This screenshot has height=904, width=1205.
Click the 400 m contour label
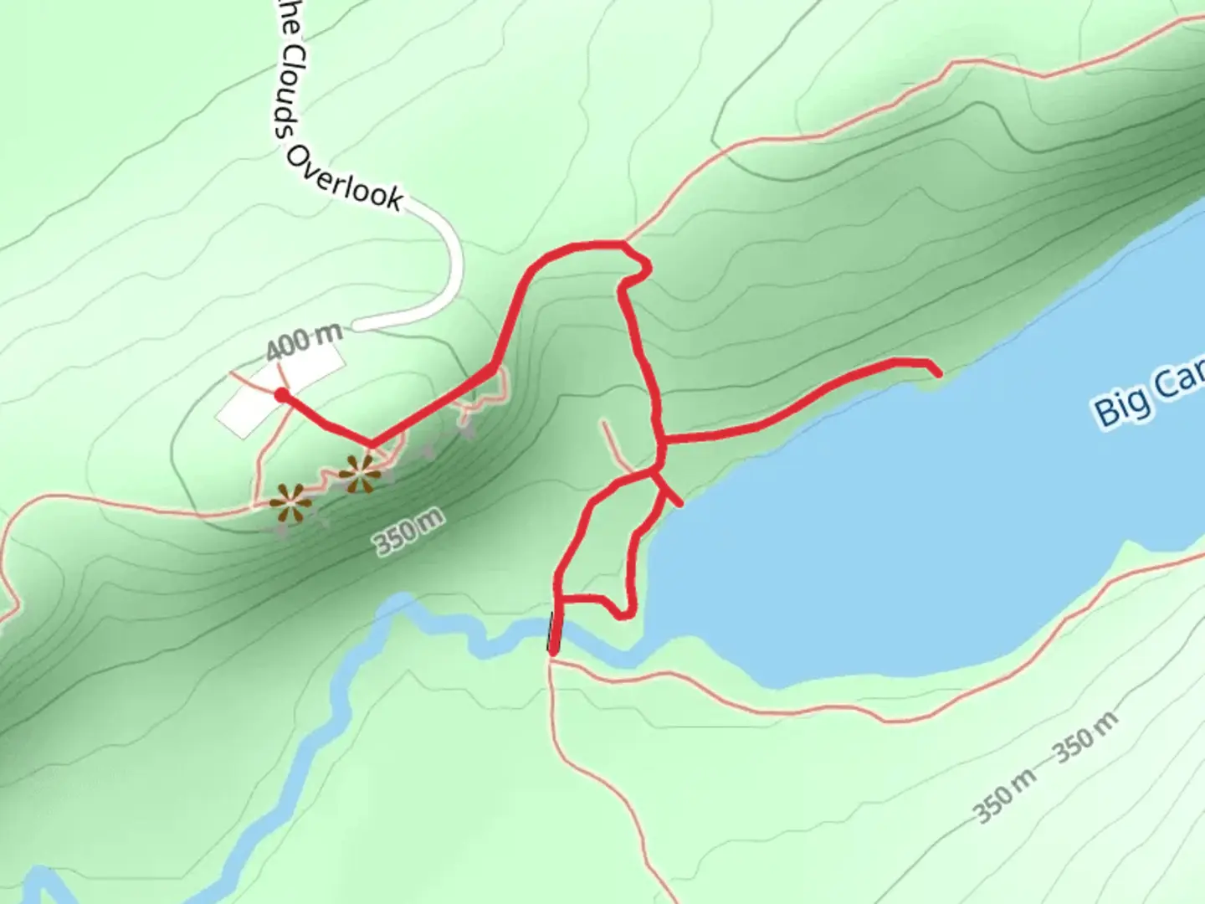305,340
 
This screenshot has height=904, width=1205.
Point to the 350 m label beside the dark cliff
408,533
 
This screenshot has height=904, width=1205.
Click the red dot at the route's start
282,395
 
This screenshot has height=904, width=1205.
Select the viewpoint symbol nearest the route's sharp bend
361,474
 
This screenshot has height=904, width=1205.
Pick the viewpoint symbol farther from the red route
290,504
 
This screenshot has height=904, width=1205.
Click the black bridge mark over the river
551,631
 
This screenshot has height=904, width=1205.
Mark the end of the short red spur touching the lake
679,504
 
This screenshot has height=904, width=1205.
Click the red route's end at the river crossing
553,650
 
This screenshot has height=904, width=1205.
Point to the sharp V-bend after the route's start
371,443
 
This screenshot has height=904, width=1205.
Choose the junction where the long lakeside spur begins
661,438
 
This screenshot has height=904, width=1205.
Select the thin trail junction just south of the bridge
552,661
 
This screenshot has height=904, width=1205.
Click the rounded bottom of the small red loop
622,616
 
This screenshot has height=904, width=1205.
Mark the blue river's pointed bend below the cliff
403,600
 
